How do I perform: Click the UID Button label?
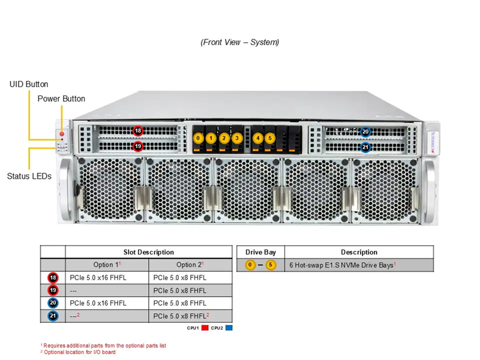tap(29, 85)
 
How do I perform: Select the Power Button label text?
tap(61, 98)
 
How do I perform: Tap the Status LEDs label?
tap(29, 176)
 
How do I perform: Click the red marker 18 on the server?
tap(138, 131)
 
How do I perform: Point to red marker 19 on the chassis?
tap(138, 146)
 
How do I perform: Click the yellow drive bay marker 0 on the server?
tap(199, 138)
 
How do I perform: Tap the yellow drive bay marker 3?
tap(237, 138)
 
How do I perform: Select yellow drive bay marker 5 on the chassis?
tap(270, 138)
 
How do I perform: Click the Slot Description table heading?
tap(149, 252)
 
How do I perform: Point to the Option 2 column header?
tap(190, 265)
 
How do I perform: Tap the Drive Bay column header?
tap(260, 252)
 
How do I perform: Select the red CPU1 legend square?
tap(205, 328)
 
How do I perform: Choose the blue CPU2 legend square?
tap(229, 328)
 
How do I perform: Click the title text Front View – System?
tap(239, 42)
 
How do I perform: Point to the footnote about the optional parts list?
tap(103, 346)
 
